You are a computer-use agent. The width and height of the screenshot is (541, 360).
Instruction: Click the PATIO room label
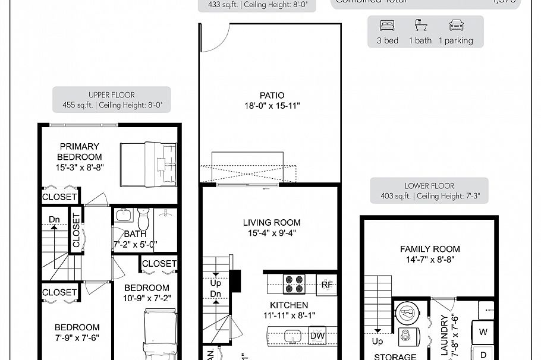point(272,95)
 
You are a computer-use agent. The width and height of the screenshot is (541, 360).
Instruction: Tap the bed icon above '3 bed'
point(388,26)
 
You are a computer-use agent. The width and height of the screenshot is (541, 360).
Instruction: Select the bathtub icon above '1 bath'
point(421,26)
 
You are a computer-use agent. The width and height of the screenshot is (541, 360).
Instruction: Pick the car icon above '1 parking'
point(456,26)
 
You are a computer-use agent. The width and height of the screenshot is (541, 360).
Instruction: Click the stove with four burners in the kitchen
point(294,284)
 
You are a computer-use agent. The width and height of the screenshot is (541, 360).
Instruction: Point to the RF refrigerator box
point(326,284)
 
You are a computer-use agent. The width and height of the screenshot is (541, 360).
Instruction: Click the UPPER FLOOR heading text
point(112,95)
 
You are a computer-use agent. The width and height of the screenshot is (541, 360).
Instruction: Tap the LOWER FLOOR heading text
point(429,186)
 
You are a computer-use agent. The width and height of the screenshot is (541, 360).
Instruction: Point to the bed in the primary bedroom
point(149,165)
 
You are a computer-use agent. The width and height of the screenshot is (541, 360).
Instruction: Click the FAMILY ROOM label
point(430,249)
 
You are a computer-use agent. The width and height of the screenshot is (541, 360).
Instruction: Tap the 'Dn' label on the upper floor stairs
point(55,220)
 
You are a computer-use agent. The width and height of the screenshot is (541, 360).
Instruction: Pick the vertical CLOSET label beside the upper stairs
point(76,230)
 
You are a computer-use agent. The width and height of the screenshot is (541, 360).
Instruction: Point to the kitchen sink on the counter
point(292,336)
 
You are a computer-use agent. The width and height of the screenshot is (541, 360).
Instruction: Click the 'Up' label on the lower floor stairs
point(377,342)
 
